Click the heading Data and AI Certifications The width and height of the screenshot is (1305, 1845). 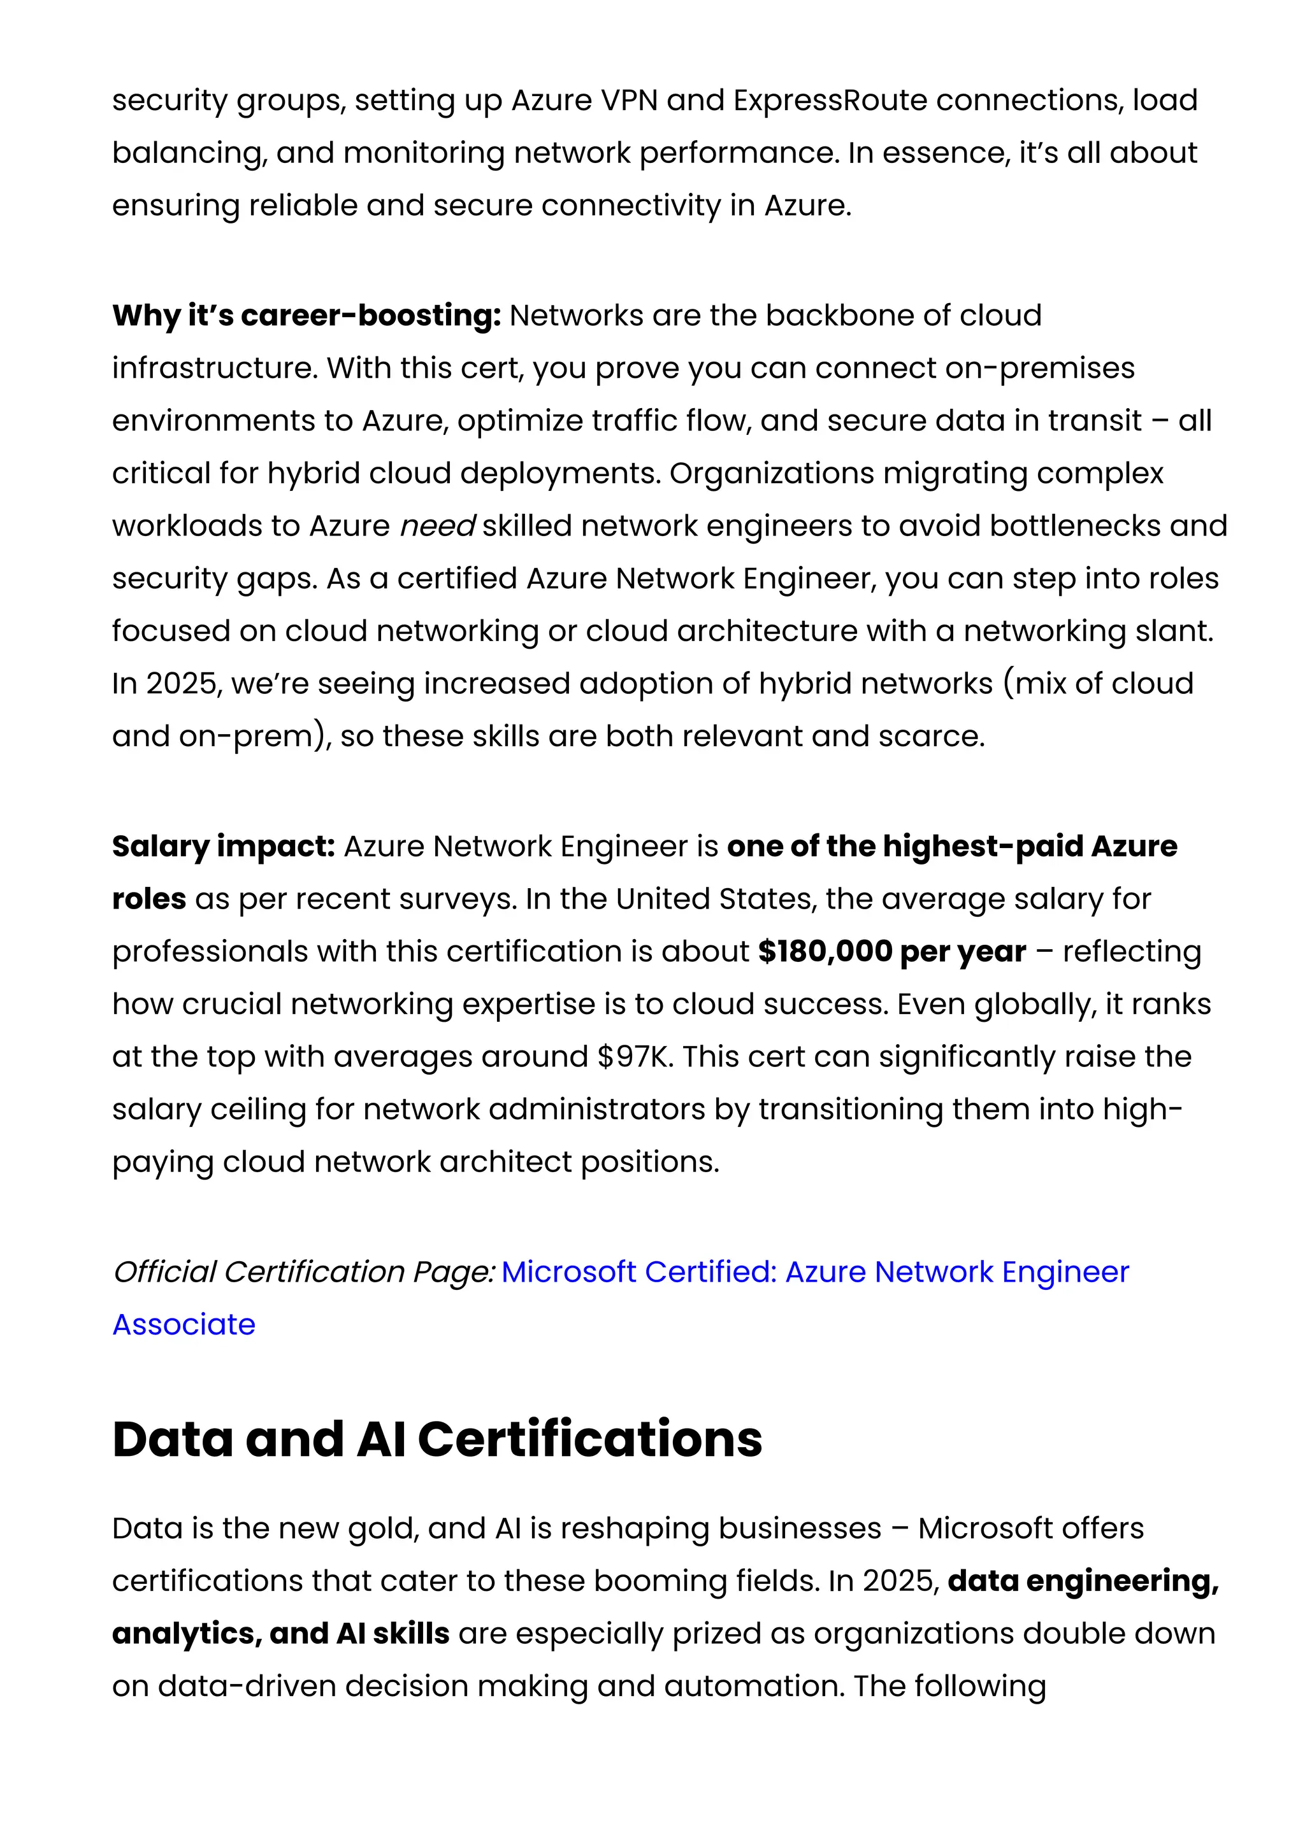[x=436, y=1439]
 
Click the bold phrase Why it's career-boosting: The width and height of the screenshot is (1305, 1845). [x=306, y=316]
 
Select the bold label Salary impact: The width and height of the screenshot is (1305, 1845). [x=223, y=847]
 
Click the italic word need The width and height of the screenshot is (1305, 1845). [x=437, y=527]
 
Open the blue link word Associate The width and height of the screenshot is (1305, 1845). [x=184, y=1324]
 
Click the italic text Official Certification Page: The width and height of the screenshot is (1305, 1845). [x=303, y=1272]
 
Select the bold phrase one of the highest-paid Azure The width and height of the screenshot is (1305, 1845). [x=951, y=847]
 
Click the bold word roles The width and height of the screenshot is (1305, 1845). [x=148, y=899]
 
